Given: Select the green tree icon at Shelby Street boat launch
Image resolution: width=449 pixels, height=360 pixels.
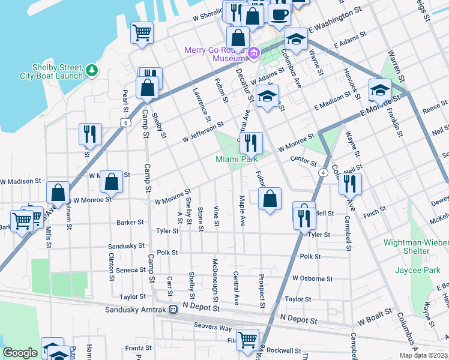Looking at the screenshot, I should (92, 71).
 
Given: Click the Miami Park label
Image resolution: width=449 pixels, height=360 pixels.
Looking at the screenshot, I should (237, 159).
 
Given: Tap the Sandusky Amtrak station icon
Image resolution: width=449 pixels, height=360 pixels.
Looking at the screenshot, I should (172, 310).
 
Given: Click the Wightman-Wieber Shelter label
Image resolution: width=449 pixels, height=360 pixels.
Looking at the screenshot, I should (416, 247).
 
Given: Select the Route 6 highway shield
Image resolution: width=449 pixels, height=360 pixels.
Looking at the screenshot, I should (125, 122).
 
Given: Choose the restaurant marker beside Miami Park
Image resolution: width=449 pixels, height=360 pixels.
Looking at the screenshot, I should (251, 143).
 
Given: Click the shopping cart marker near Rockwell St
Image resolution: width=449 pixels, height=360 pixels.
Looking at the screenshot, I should (247, 340).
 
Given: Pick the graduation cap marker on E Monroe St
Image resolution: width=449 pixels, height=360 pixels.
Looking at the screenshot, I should (380, 91).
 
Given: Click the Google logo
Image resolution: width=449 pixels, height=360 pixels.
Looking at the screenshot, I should (20, 353).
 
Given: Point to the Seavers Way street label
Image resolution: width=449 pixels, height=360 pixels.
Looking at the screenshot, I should (212, 325).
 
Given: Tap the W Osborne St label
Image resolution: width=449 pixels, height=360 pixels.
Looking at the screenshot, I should (312, 278).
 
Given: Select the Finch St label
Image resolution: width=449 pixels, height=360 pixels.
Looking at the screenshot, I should (374, 212).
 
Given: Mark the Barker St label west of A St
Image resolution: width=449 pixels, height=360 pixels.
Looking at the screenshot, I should (130, 222).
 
